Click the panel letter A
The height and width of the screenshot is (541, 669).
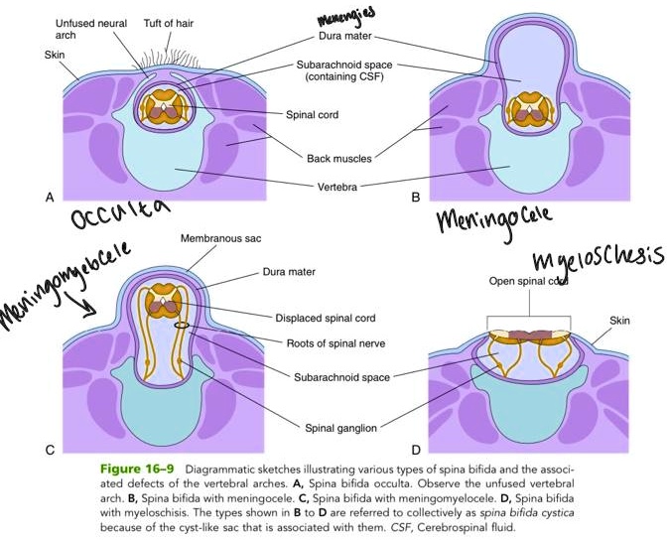49,198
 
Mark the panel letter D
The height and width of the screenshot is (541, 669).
416,451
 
